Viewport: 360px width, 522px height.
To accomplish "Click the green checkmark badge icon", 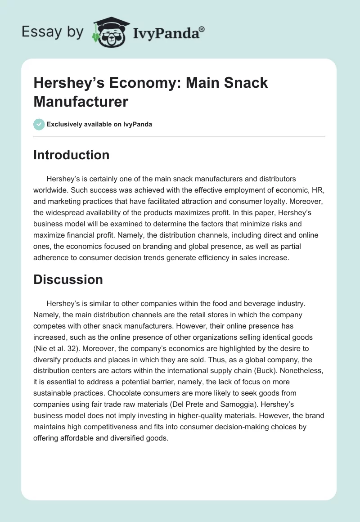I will (39, 124).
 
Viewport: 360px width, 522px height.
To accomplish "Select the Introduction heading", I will (72, 155).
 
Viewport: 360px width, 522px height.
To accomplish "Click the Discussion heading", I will (68, 279).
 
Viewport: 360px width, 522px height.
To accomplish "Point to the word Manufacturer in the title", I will (81, 102).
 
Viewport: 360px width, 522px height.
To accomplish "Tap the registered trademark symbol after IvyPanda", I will (202, 28).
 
